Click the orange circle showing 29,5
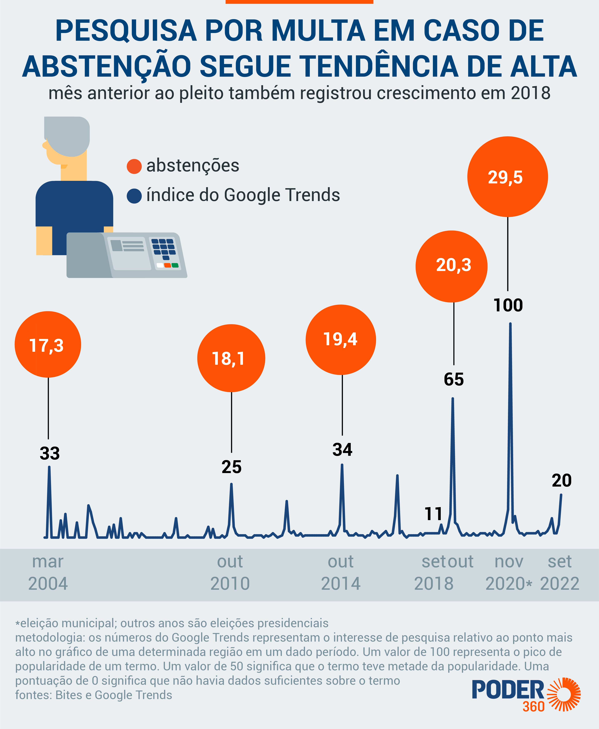pos(507,177)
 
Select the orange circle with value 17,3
pos(48,344)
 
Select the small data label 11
pos(433,514)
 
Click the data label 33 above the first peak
pos(50,453)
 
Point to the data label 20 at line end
pos(561,481)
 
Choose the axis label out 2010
pos(230,573)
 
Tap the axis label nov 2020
pos(509,573)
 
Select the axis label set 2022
pos(559,573)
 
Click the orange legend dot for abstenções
pos(134,166)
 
